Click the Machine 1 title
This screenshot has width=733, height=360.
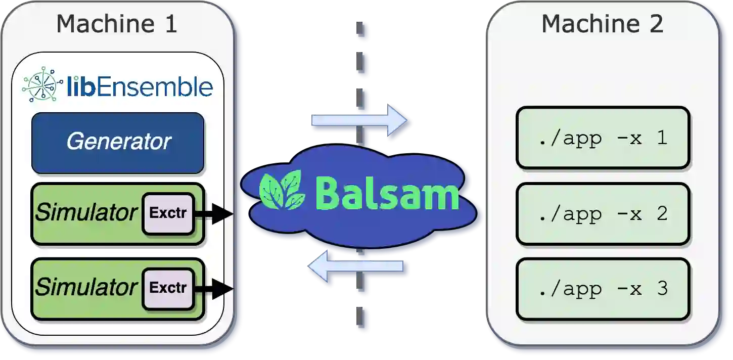(x=117, y=24)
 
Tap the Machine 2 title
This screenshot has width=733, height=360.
(x=602, y=24)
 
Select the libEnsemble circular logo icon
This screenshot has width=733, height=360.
(x=41, y=85)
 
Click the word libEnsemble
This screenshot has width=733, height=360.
(x=140, y=87)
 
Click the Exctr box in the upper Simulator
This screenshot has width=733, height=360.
(x=168, y=213)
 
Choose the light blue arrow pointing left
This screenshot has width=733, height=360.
(x=356, y=266)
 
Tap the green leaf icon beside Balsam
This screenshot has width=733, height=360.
(x=282, y=191)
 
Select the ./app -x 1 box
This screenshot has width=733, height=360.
(x=603, y=138)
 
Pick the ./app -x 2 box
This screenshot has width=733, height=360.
(x=603, y=214)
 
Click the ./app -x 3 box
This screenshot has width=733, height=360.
(x=603, y=289)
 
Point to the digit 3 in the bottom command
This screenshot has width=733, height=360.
(x=662, y=289)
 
